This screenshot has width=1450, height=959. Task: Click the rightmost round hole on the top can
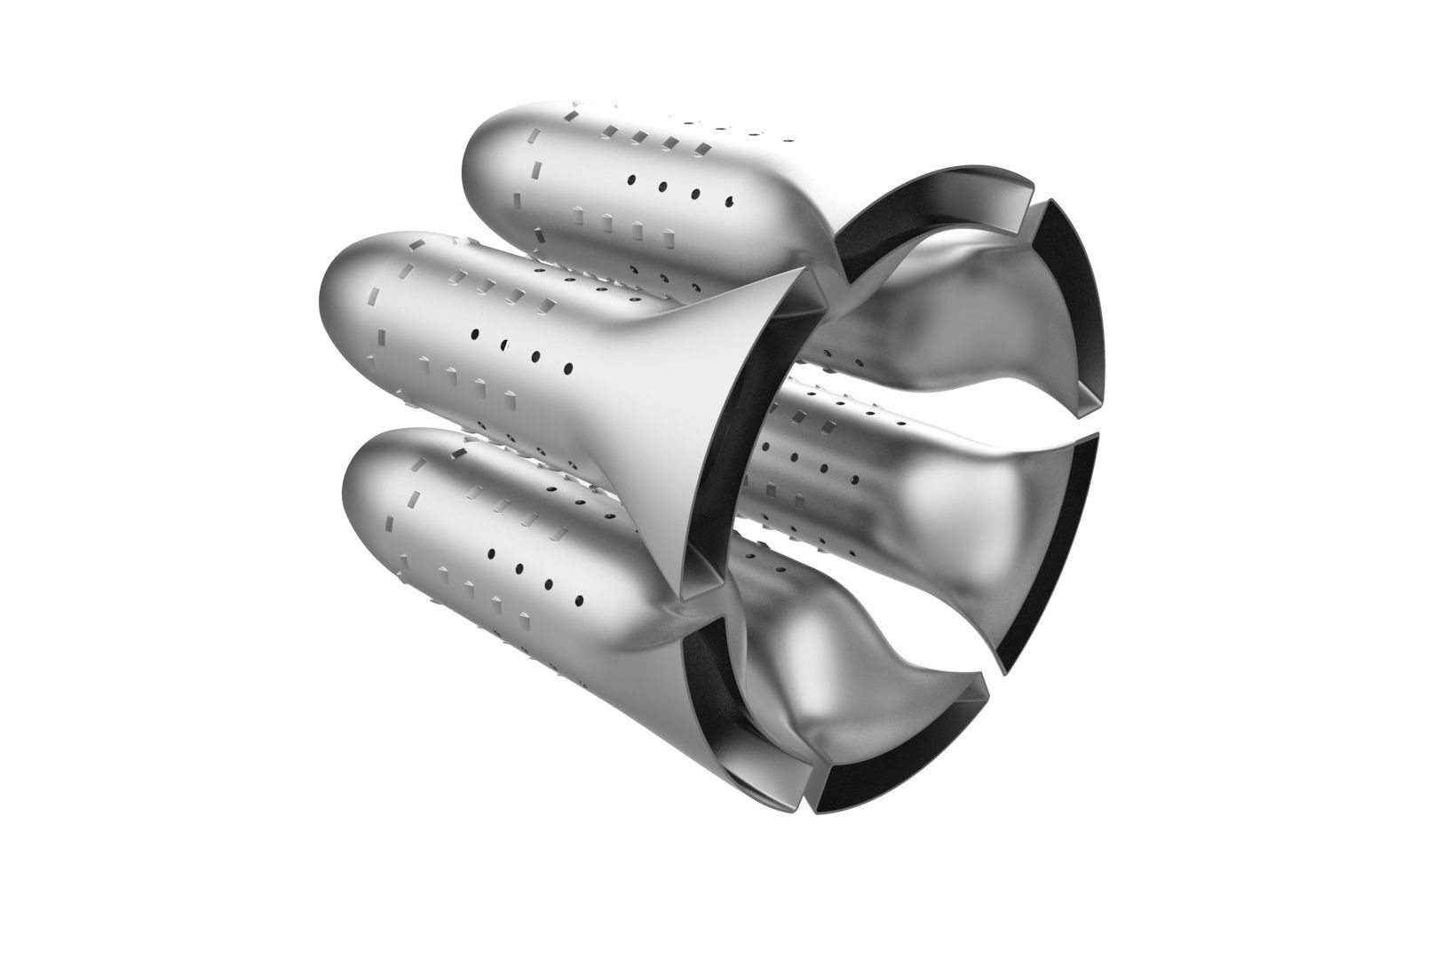coord(730,200)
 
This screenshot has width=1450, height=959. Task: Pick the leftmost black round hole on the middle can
coord(476,335)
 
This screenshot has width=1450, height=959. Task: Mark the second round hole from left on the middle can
coord(505,344)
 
